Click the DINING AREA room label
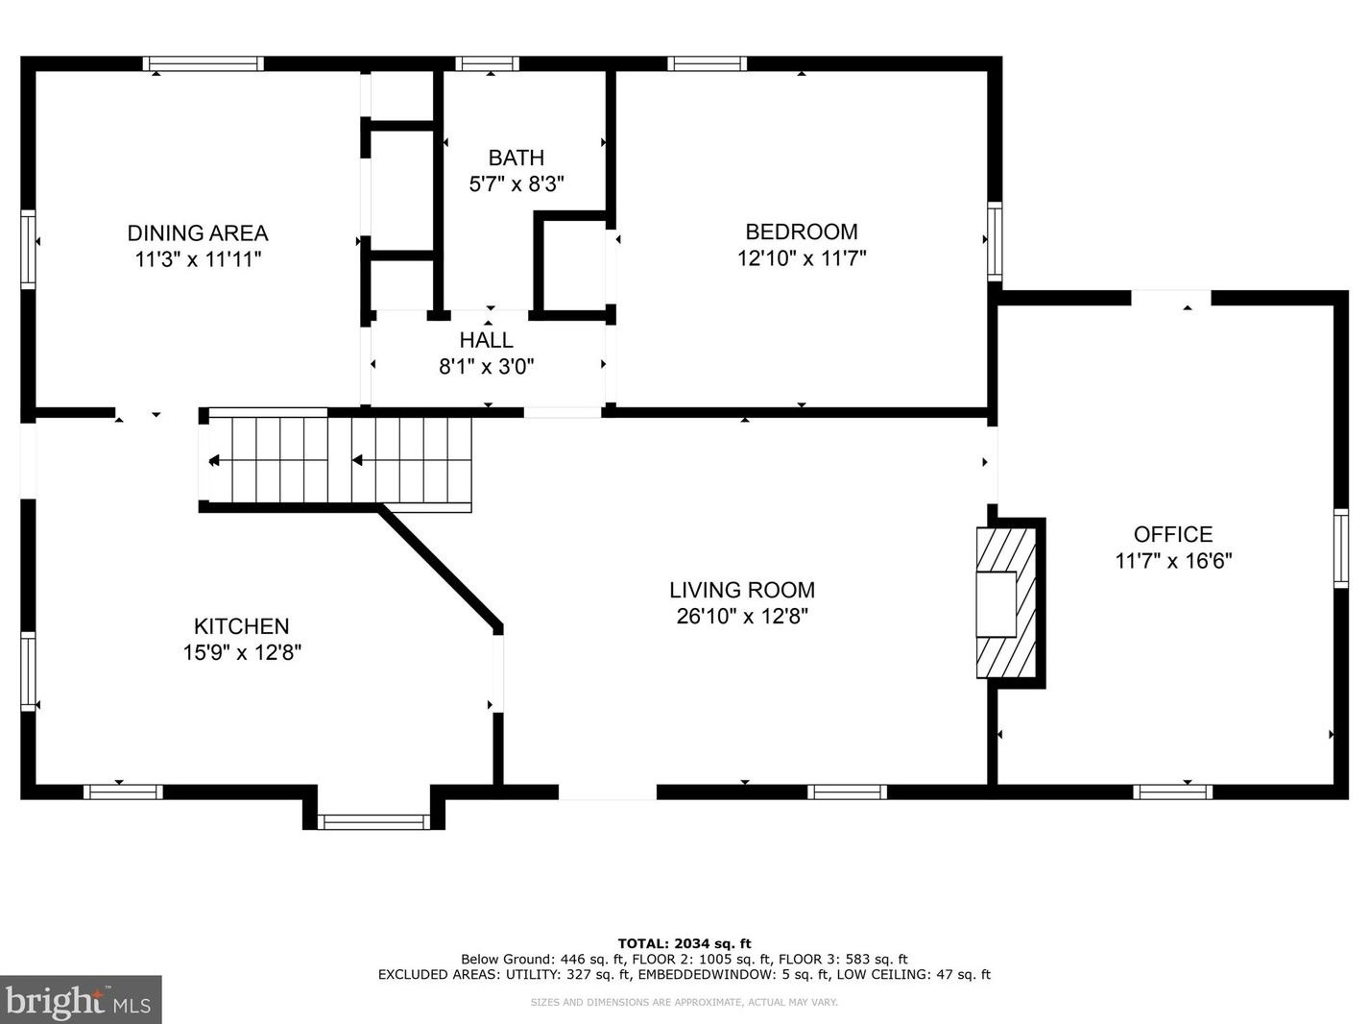(198, 233)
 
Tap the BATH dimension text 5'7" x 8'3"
(516, 184)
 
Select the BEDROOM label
(802, 232)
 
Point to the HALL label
(487, 340)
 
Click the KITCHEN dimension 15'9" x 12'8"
(242, 652)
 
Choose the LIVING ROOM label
(742, 590)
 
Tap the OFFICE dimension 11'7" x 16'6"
(1173, 561)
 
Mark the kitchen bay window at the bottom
(373, 822)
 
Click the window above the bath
(487, 63)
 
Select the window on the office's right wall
(1341, 549)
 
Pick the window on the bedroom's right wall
(995, 241)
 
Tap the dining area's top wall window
(204, 63)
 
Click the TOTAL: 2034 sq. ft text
(684, 943)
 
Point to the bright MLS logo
(81, 1000)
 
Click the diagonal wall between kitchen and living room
(440, 566)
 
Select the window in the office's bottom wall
(1172, 792)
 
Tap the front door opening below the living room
(608, 792)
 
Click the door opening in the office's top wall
(1171, 298)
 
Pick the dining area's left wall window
(28, 250)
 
